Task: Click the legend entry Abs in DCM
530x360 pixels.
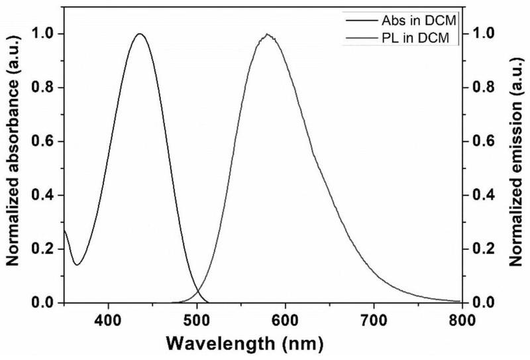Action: tap(401, 21)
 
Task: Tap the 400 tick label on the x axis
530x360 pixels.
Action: tap(108, 320)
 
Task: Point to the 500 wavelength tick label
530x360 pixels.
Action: tap(197, 320)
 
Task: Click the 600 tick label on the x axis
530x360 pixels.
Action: tap(286, 320)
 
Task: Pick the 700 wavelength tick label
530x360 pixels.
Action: tap(374, 320)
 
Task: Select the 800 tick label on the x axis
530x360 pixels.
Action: tap(462, 320)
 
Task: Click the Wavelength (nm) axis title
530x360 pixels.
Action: tap(245, 344)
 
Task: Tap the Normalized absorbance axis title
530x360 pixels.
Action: tap(12, 150)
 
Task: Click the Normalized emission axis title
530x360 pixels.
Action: tap(516, 162)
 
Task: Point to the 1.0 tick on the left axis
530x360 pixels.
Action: tap(43, 34)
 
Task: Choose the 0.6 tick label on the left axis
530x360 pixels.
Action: tap(43, 141)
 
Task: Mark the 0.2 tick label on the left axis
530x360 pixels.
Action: tap(43, 249)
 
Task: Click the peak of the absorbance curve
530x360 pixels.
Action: tap(140, 34)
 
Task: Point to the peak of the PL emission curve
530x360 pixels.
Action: tap(268, 34)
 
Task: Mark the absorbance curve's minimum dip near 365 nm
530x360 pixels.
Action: tap(77, 265)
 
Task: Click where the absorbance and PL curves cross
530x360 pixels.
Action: tap(197, 290)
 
